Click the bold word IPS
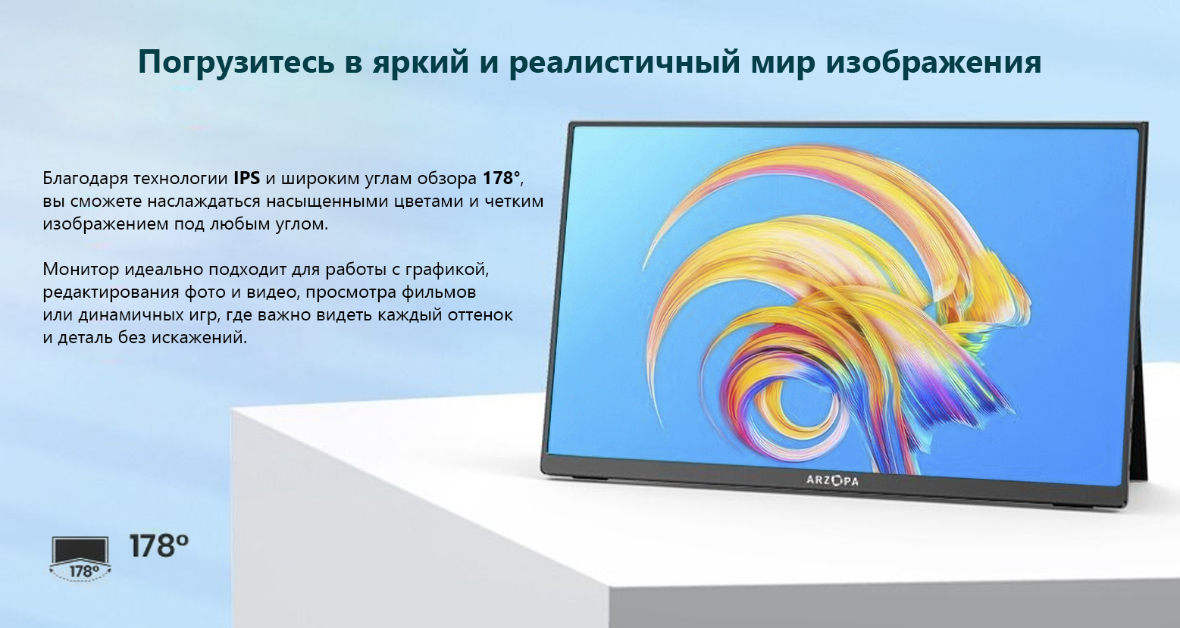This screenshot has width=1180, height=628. tap(246, 179)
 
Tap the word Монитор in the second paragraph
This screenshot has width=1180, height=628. tap(81, 270)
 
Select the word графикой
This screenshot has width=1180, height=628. tap(447, 270)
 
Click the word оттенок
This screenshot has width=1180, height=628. tap(480, 315)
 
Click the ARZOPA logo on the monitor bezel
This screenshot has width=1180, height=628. tap(832, 480)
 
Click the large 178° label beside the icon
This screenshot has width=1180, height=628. tap(158, 546)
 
